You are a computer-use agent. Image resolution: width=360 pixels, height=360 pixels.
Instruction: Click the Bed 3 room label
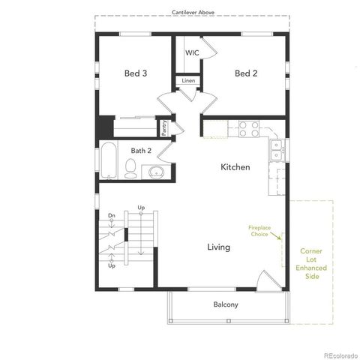coord(135,73)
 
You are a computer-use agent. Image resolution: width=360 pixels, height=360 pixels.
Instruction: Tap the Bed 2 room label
coord(246,73)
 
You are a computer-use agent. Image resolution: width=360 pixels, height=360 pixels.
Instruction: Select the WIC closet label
coord(192,53)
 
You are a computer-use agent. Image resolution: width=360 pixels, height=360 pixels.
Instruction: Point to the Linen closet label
coord(188,80)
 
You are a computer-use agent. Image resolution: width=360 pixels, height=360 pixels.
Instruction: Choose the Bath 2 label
coord(141,151)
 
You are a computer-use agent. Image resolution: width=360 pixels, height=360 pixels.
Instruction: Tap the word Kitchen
coord(235,167)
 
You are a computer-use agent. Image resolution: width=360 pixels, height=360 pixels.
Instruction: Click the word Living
coord(219,247)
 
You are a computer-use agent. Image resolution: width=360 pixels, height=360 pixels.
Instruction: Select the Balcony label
coord(226,304)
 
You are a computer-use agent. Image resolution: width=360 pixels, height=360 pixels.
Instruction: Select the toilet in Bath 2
coord(130,172)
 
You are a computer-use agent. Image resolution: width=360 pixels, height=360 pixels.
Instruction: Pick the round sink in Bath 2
coord(157,172)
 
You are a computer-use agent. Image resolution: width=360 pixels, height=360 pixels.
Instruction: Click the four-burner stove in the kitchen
coord(248,129)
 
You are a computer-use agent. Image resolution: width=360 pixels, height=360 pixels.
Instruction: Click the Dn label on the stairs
coord(110,215)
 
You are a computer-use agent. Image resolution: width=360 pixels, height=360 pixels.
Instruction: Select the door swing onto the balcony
coord(265,282)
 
